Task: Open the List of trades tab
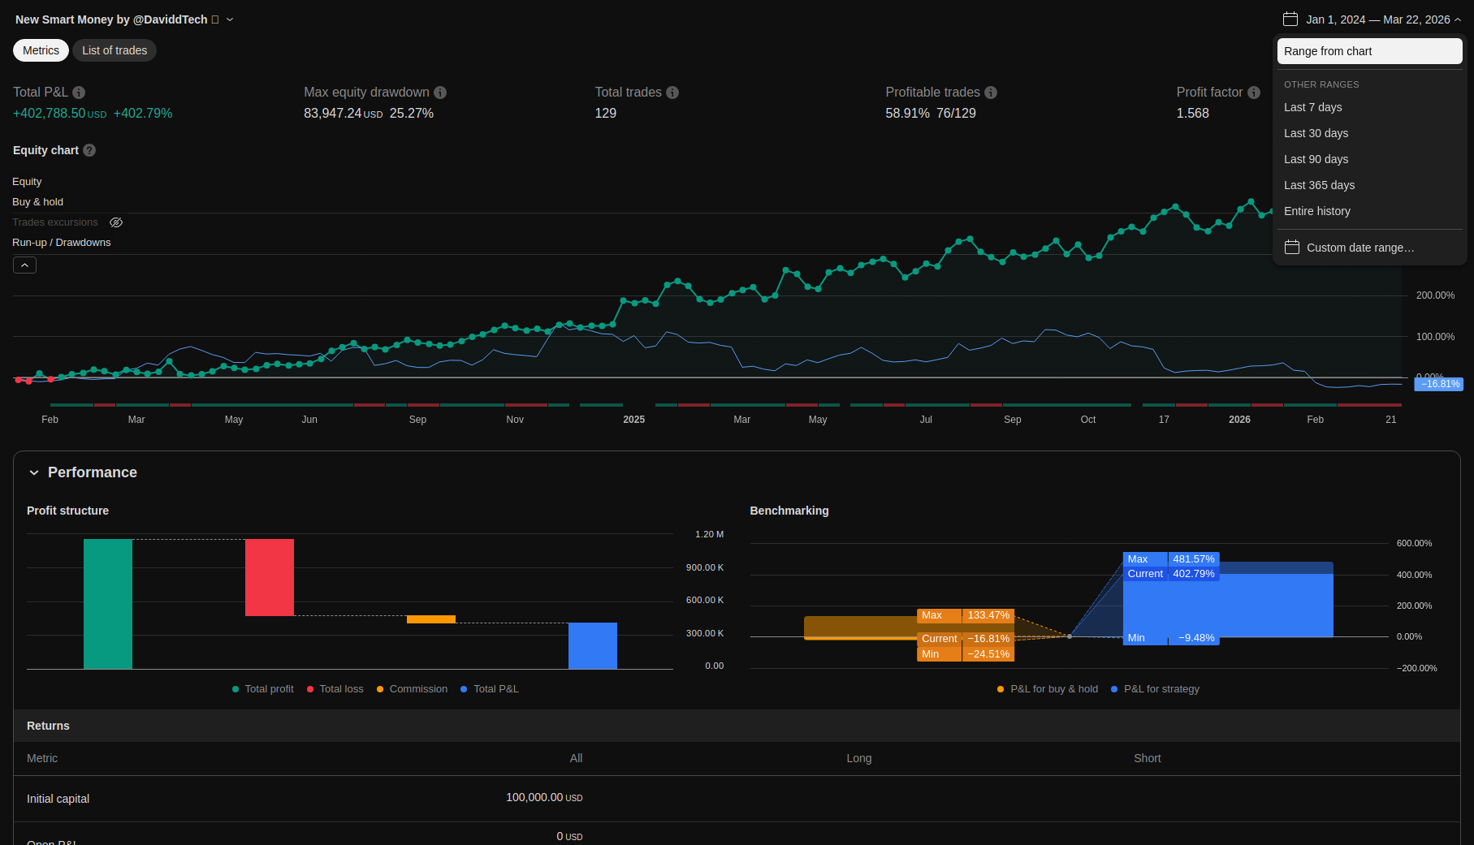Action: pyautogui.click(x=115, y=50)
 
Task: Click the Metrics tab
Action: pyautogui.click(x=41, y=50)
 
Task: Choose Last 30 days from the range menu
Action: pyautogui.click(x=1316, y=133)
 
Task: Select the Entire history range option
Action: pyautogui.click(x=1316, y=211)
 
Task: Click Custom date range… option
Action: pyautogui.click(x=1359, y=248)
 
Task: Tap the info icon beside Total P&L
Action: pyautogui.click(x=79, y=93)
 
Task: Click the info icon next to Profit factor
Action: pyautogui.click(x=1254, y=93)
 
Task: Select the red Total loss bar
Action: pyautogui.click(x=270, y=577)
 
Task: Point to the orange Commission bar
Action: pyautogui.click(x=430, y=619)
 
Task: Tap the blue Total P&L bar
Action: pyautogui.click(x=592, y=645)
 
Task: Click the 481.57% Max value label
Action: pyautogui.click(x=1193, y=559)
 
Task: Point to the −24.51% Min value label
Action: pyautogui.click(x=988, y=654)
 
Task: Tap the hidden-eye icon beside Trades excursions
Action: pyautogui.click(x=116, y=222)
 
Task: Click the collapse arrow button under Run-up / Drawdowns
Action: pyautogui.click(x=24, y=265)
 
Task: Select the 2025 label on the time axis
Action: pyautogui.click(x=633, y=420)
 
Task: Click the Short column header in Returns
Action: pyautogui.click(x=1147, y=758)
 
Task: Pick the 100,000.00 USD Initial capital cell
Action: pyautogui.click(x=543, y=798)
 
